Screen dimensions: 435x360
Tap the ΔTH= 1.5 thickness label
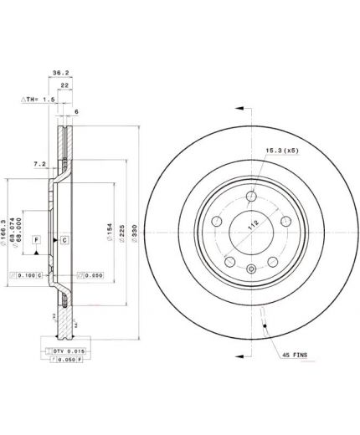coord(38,99)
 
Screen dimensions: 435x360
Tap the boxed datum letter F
coord(37,240)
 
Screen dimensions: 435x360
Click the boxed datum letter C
coord(64,240)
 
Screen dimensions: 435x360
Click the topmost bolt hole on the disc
coord(250,196)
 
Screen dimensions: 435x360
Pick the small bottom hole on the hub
coord(250,269)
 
